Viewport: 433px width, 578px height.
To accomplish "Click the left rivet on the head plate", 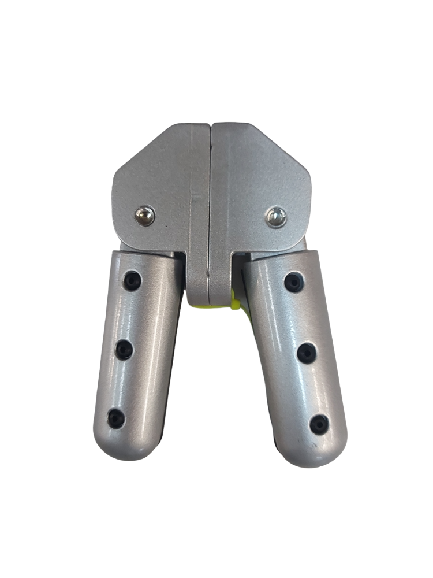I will pos(144,216).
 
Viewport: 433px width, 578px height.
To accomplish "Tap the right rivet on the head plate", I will pos(276,217).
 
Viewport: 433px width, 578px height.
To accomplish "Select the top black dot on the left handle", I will pos(132,281).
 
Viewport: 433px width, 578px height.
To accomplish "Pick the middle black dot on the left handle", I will pos(124,350).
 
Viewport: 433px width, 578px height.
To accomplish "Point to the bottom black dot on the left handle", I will pos(116,418).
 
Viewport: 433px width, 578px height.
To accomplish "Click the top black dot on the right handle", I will pos(294,282).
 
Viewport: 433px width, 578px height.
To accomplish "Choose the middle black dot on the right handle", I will pos(307,353).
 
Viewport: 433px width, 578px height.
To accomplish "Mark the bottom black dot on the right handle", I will pos(319,424).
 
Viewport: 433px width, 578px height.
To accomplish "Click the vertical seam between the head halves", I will pos(210,202).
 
